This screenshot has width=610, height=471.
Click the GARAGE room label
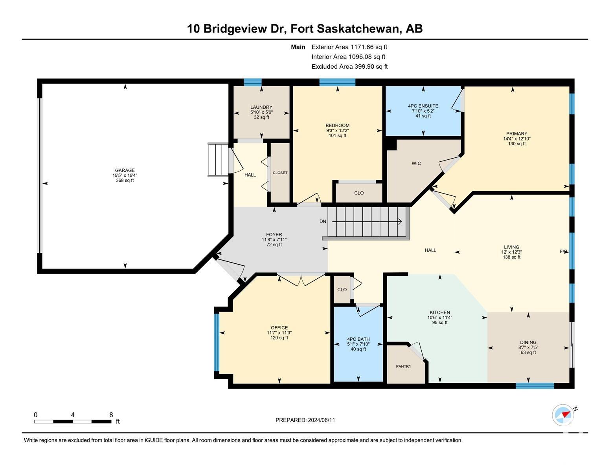point(125,170)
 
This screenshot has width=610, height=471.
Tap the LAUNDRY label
point(261,107)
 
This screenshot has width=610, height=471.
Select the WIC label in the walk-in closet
point(416,163)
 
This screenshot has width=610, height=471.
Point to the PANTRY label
point(403,366)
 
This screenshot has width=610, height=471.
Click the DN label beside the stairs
point(323,221)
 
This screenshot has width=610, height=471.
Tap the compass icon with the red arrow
point(562,415)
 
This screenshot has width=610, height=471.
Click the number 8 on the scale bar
point(111,414)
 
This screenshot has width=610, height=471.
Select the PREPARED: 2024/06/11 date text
point(305,420)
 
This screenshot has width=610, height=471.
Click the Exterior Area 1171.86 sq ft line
point(349,47)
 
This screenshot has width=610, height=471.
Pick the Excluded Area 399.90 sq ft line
point(349,66)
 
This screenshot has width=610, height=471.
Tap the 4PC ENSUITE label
point(423,106)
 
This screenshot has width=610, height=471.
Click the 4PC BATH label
point(358,339)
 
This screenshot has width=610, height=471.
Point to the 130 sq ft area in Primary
point(516,144)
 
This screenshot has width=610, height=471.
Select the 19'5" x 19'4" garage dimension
point(125,175)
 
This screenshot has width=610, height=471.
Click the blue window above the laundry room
point(253,82)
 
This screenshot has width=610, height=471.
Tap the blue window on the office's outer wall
point(217,342)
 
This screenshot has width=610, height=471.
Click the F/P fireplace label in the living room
point(563,252)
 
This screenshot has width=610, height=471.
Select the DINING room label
point(528,342)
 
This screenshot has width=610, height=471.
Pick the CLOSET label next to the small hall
point(280,173)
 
